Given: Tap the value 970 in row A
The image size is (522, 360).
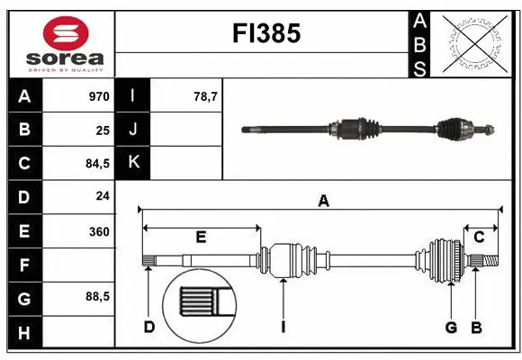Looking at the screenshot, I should (x=98, y=96).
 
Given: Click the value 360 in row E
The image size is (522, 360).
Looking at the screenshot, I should (x=98, y=231).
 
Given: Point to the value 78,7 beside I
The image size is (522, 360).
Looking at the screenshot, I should (x=207, y=96).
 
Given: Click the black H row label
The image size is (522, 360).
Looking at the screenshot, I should (x=23, y=333).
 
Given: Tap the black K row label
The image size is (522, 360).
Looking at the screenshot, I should (x=133, y=163).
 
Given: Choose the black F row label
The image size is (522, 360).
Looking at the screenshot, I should (x=23, y=265).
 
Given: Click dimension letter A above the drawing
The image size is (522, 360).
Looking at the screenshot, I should (x=322, y=202).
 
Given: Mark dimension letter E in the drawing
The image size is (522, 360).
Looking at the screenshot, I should (x=201, y=238).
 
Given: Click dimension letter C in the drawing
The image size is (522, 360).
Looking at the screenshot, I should (x=479, y=237).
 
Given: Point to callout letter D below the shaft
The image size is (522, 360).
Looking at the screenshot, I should (x=148, y=327).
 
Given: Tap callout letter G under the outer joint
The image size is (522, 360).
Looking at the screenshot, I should (x=451, y=327).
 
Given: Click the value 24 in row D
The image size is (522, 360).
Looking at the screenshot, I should (x=102, y=196).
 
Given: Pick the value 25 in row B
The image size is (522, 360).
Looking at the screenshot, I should (x=102, y=130).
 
